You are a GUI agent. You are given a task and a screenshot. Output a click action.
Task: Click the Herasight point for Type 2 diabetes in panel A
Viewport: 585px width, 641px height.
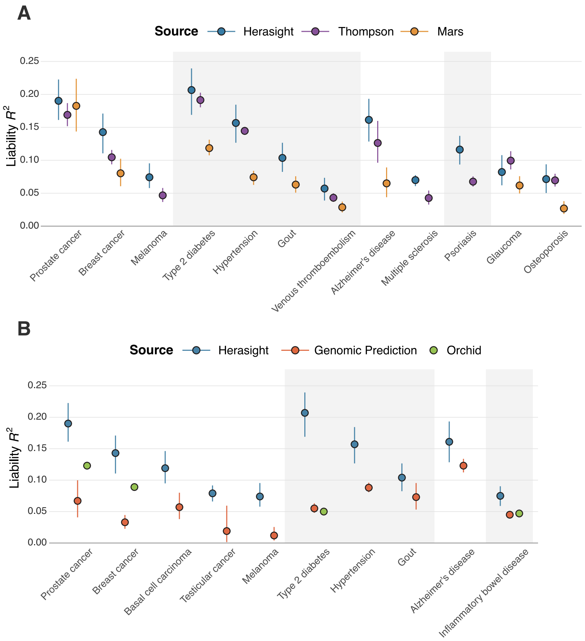click(x=191, y=90)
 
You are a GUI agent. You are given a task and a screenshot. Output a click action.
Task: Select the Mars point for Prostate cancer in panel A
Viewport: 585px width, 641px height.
click(x=76, y=106)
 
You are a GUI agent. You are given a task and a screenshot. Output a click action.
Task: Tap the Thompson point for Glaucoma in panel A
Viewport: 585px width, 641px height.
click(x=510, y=160)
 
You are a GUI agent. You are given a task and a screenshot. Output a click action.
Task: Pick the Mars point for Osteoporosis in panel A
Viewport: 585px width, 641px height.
click(x=564, y=208)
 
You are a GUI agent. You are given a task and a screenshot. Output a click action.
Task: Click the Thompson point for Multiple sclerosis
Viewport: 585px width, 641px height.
click(x=429, y=198)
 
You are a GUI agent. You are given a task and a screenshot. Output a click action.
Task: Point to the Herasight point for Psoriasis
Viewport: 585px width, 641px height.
click(x=460, y=149)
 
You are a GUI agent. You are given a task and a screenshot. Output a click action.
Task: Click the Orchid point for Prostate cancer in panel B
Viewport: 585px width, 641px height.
click(x=87, y=465)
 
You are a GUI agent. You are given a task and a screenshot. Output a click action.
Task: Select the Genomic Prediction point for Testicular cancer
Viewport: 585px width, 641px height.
click(x=227, y=531)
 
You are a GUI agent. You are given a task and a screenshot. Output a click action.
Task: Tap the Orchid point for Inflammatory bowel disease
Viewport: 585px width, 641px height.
click(x=519, y=513)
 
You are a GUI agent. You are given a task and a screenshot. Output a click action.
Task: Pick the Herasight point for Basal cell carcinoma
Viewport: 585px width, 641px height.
click(x=165, y=468)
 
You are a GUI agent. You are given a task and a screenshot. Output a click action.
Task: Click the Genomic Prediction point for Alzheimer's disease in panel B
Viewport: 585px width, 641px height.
click(x=463, y=465)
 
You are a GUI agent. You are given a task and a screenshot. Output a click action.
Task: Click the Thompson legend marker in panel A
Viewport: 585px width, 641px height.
click(x=315, y=31)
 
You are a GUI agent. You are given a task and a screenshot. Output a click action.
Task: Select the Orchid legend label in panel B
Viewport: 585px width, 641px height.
click(x=464, y=350)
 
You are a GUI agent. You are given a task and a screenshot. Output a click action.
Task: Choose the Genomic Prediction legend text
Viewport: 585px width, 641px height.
click(x=365, y=350)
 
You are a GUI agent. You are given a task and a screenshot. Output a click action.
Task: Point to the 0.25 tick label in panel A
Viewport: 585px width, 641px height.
click(x=30, y=61)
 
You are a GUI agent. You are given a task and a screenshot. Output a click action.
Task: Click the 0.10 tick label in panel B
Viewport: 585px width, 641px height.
click(x=37, y=480)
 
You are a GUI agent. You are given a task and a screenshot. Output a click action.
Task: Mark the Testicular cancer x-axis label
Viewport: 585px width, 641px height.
click(x=208, y=576)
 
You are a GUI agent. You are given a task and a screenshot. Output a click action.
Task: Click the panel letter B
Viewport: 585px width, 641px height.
click(x=24, y=329)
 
